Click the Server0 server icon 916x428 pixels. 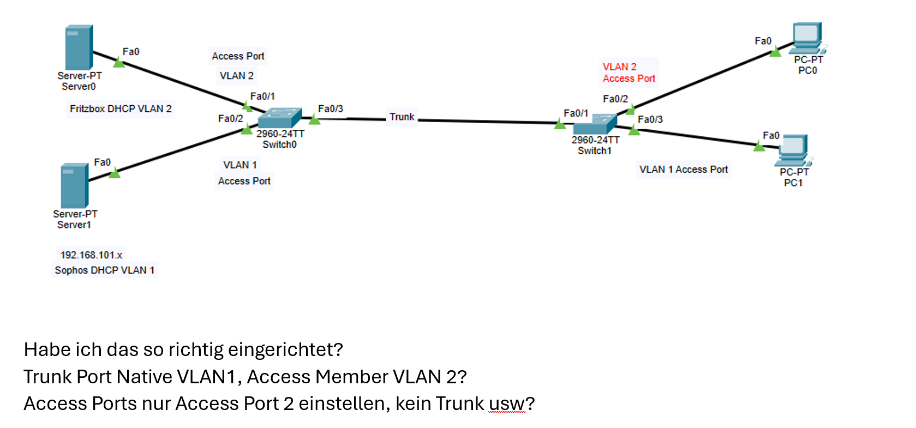click(79, 47)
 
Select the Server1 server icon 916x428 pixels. click(74, 185)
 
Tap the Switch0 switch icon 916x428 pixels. click(279, 117)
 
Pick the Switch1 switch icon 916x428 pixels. click(595, 124)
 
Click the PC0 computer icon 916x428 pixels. click(808, 38)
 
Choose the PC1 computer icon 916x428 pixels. click(793, 150)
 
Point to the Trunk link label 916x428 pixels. click(402, 117)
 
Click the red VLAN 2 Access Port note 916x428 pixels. click(628, 73)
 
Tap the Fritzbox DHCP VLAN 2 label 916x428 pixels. click(121, 108)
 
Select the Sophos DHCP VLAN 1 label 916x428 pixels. click(105, 270)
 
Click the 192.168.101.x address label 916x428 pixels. click(91, 255)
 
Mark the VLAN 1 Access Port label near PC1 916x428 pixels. click(684, 170)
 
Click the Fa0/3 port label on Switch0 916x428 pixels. click(331, 108)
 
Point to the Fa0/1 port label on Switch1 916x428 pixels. click(576, 113)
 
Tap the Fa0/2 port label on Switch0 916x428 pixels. click(231, 118)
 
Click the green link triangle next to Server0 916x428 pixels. click(119, 62)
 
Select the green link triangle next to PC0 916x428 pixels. click(775, 52)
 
